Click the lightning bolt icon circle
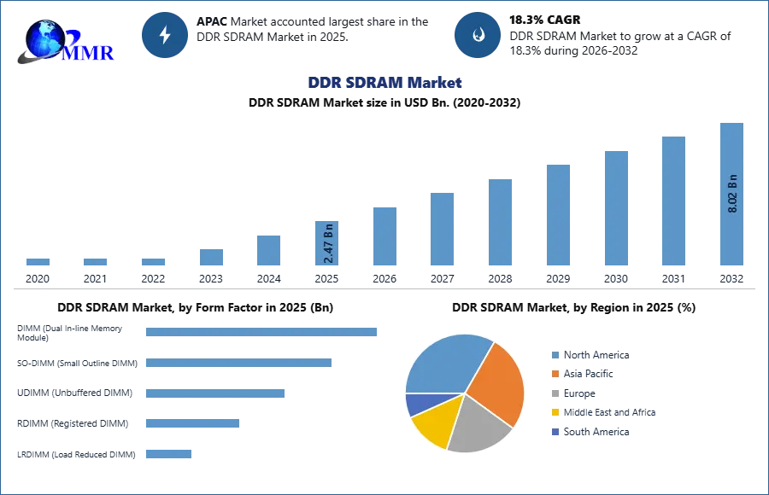[x=165, y=35]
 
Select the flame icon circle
[x=478, y=35]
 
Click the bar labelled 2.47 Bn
[x=327, y=243]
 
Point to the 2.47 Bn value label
[x=328, y=242]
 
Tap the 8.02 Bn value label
[x=732, y=194]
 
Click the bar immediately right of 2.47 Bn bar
[x=383, y=236]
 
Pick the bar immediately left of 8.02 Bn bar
[x=672, y=201]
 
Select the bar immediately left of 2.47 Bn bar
[x=267, y=249]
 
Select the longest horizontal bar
[x=262, y=334]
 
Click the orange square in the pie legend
[x=554, y=375]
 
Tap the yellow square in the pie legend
[x=554, y=411]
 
